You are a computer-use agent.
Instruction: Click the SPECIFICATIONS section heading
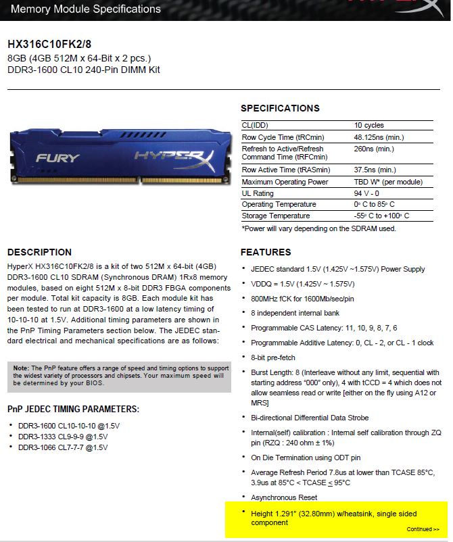(280, 108)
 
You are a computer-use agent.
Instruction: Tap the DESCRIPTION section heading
(39, 252)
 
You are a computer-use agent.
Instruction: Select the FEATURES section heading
(266, 252)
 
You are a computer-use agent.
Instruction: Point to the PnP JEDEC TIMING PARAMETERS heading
(73, 409)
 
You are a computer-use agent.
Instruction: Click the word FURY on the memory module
(57, 158)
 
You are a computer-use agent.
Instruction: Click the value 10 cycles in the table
(369, 126)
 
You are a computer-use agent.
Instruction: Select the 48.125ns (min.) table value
(379, 137)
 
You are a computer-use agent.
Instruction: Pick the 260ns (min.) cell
(374, 149)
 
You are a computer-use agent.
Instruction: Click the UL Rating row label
(258, 193)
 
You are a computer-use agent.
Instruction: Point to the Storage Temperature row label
(276, 216)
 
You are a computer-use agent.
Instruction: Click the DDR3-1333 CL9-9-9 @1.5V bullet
(63, 437)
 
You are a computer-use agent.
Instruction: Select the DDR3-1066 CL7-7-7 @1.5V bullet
(63, 447)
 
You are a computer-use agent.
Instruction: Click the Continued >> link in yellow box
(423, 529)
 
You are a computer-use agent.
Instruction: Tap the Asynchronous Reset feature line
(284, 497)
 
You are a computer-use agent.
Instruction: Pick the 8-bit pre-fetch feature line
(275, 356)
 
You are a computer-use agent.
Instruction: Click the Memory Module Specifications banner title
(86, 9)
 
